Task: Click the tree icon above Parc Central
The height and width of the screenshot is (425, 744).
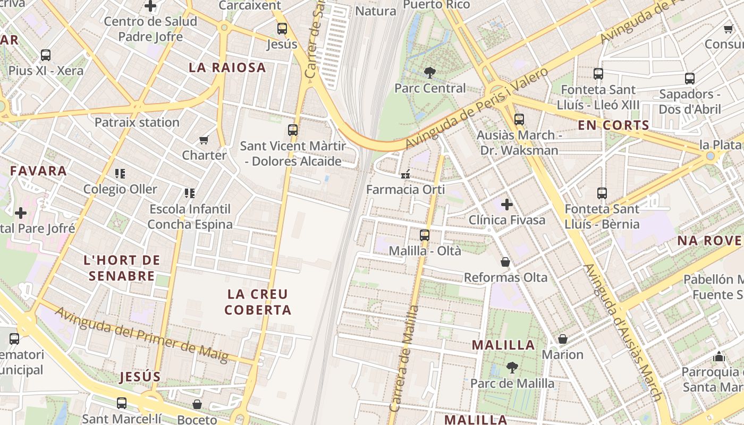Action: pyautogui.click(x=429, y=72)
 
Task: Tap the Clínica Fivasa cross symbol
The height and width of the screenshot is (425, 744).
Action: pyautogui.click(x=507, y=204)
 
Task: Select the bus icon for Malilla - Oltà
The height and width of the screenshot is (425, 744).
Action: pyautogui.click(x=424, y=235)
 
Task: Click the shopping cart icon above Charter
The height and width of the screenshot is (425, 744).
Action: pyautogui.click(x=204, y=140)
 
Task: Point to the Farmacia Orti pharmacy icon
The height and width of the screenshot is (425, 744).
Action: pyautogui.click(x=405, y=174)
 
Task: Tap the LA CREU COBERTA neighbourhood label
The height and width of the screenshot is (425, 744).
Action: pyautogui.click(x=258, y=302)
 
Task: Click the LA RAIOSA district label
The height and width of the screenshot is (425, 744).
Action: pyautogui.click(x=227, y=67)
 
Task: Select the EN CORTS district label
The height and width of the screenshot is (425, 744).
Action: pyautogui.click(x=613, y=125)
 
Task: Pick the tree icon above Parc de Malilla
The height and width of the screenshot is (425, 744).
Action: pyautogui.click(x=512, y=367)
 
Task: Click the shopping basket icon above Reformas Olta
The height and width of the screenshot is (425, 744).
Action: pyautogui.click(x=505, y=262)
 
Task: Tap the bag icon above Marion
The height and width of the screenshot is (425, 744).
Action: pyautogui.click(x=562, y=339)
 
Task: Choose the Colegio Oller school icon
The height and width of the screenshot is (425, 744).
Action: pyautogui.click(x=120, y=173)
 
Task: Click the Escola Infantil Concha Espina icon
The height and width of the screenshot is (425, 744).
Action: pyautogui.click(x=189, y=193)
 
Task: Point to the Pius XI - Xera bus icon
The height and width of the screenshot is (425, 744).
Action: pyautogui.click(x=46, y=55)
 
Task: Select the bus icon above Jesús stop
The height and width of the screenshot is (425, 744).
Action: pyautogui.click(x=282, y=29)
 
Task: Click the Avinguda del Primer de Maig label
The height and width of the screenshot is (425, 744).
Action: pyautogui.click(x=141, y=335)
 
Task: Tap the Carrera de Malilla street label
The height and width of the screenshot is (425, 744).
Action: pyautogui.click(x=404, y=359)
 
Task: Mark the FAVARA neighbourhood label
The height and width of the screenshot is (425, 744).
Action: pyautogui.click(x=39, y=171)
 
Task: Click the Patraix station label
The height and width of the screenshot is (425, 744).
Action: pyautogui.click(x=137, y=122)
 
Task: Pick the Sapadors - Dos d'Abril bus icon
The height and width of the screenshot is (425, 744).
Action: pyautogui.click(x=689, y=79)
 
